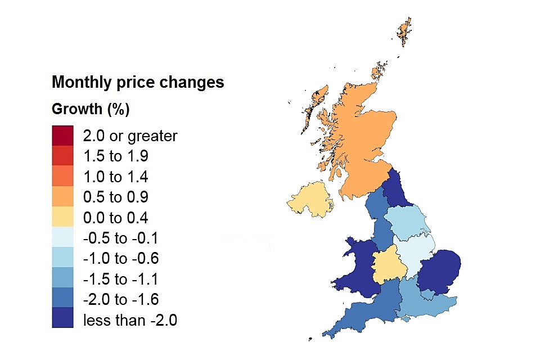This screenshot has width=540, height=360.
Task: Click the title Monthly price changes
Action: coord(138,82)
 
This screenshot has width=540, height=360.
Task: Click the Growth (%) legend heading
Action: coord(91,109)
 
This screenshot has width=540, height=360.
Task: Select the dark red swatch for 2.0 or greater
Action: coord(62,136)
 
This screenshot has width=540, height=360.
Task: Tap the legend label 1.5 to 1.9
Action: coord(115,156)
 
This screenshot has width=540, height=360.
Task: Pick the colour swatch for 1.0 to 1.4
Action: coord(62,176)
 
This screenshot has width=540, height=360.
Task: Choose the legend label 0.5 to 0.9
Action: coord(115,197)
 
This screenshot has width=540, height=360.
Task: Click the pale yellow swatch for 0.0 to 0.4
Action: coord(62,217)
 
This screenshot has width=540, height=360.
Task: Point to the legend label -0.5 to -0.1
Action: coord(121,238)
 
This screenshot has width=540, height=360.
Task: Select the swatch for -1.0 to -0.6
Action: coord(62,258)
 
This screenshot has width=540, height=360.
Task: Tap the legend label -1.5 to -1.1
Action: coord(121,278)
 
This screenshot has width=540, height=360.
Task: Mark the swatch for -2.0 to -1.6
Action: coord(62,298)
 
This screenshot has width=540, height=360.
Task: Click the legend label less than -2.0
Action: coord(130,319)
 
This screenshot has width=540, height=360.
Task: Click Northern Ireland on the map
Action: coord(309,200)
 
